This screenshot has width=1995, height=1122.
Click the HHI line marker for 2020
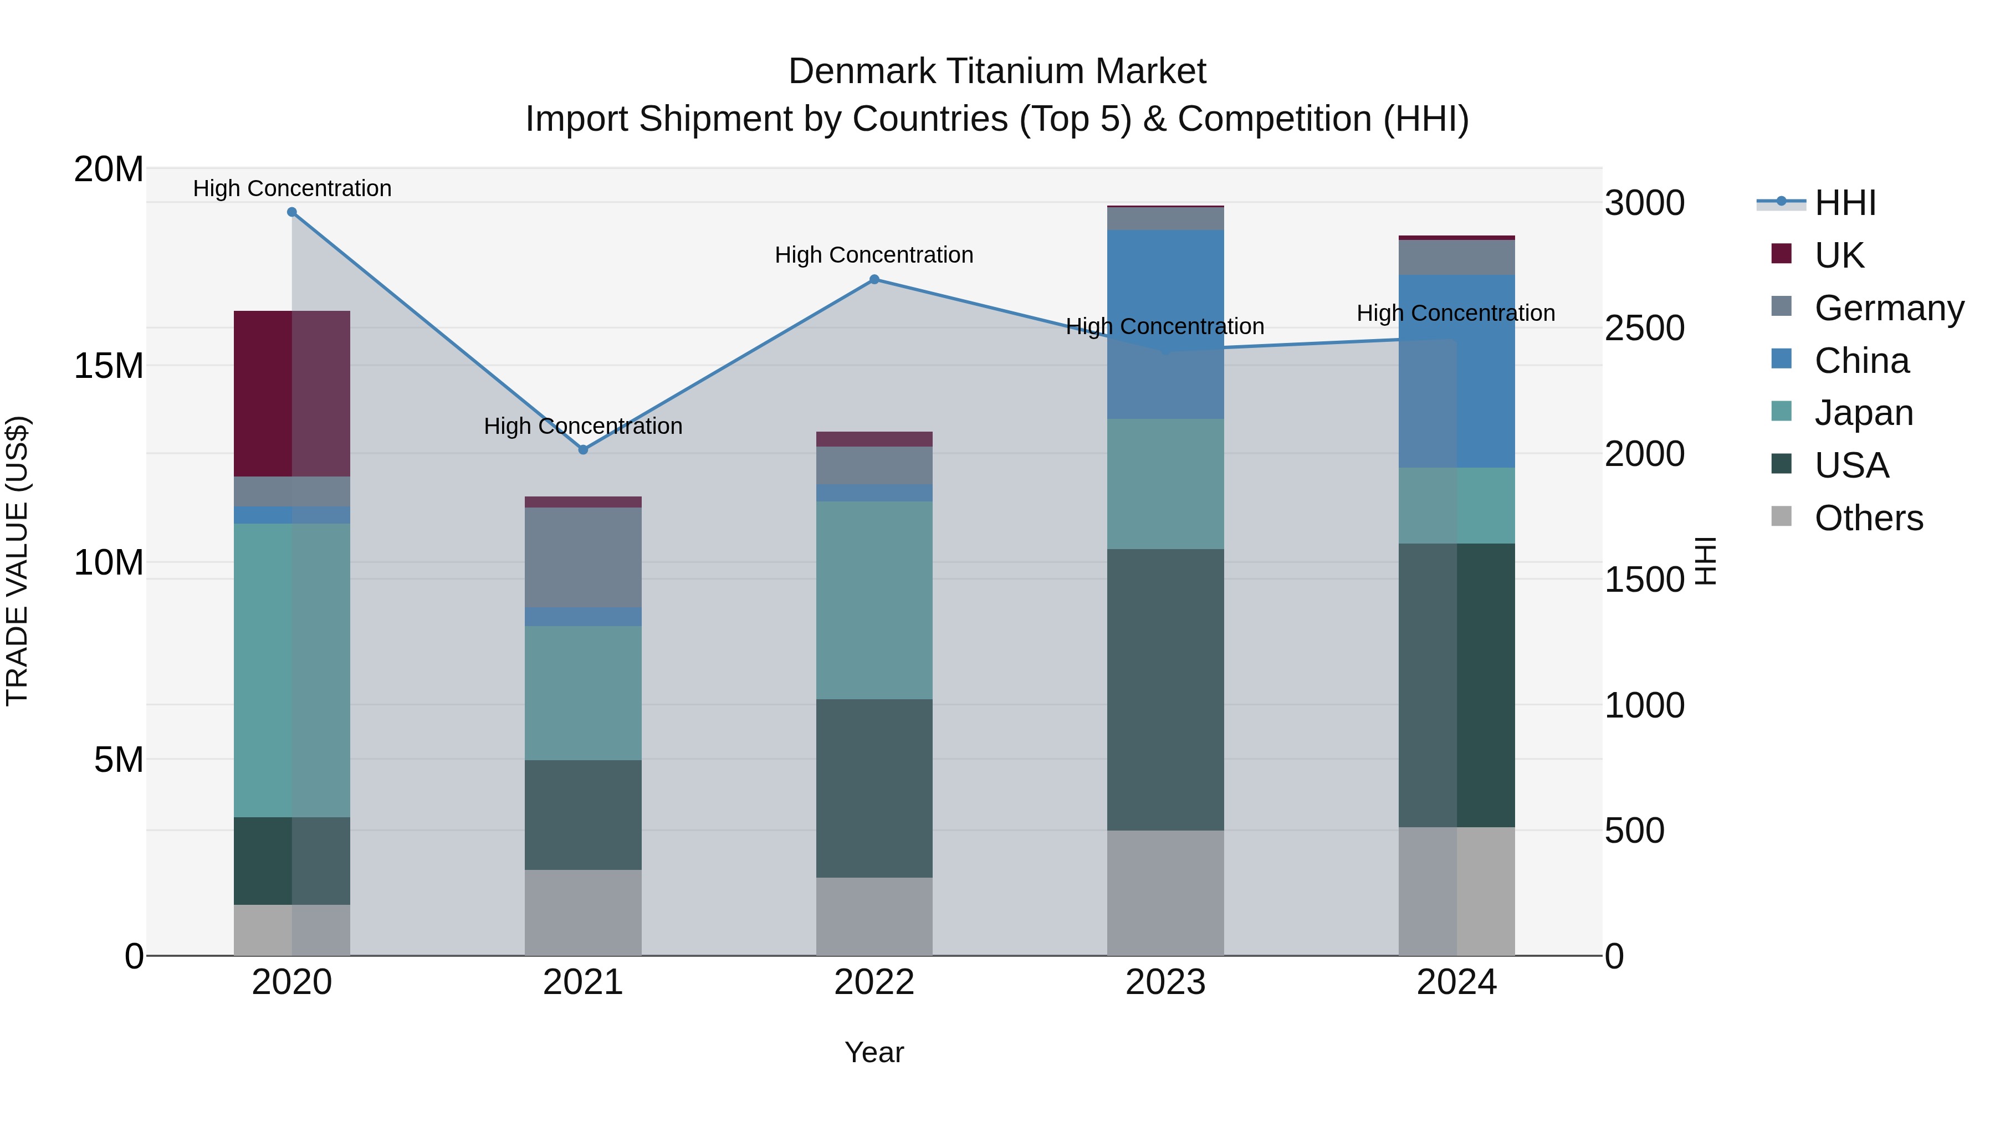(292, 212)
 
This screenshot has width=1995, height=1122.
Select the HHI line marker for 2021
(583, 450)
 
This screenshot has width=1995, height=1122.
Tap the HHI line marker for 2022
(874, 280)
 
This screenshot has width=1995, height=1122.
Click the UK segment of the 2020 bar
(292, 393)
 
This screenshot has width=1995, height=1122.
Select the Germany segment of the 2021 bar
(583, 557)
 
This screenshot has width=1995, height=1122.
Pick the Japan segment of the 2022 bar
(874, 600)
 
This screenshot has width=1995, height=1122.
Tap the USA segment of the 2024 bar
(1457, 685)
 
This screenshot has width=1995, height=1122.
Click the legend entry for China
(1861, 361)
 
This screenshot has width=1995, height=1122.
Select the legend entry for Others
(1868, 518)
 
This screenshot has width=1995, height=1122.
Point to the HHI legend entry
(1845, 203)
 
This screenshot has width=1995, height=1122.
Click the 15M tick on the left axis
(109, 366)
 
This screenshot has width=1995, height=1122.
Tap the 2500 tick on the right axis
(1644, 329)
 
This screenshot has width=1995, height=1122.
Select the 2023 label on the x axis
(1165, 982)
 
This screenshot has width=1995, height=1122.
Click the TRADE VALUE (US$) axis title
(18, 561)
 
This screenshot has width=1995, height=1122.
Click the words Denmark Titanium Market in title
(997, 71)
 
